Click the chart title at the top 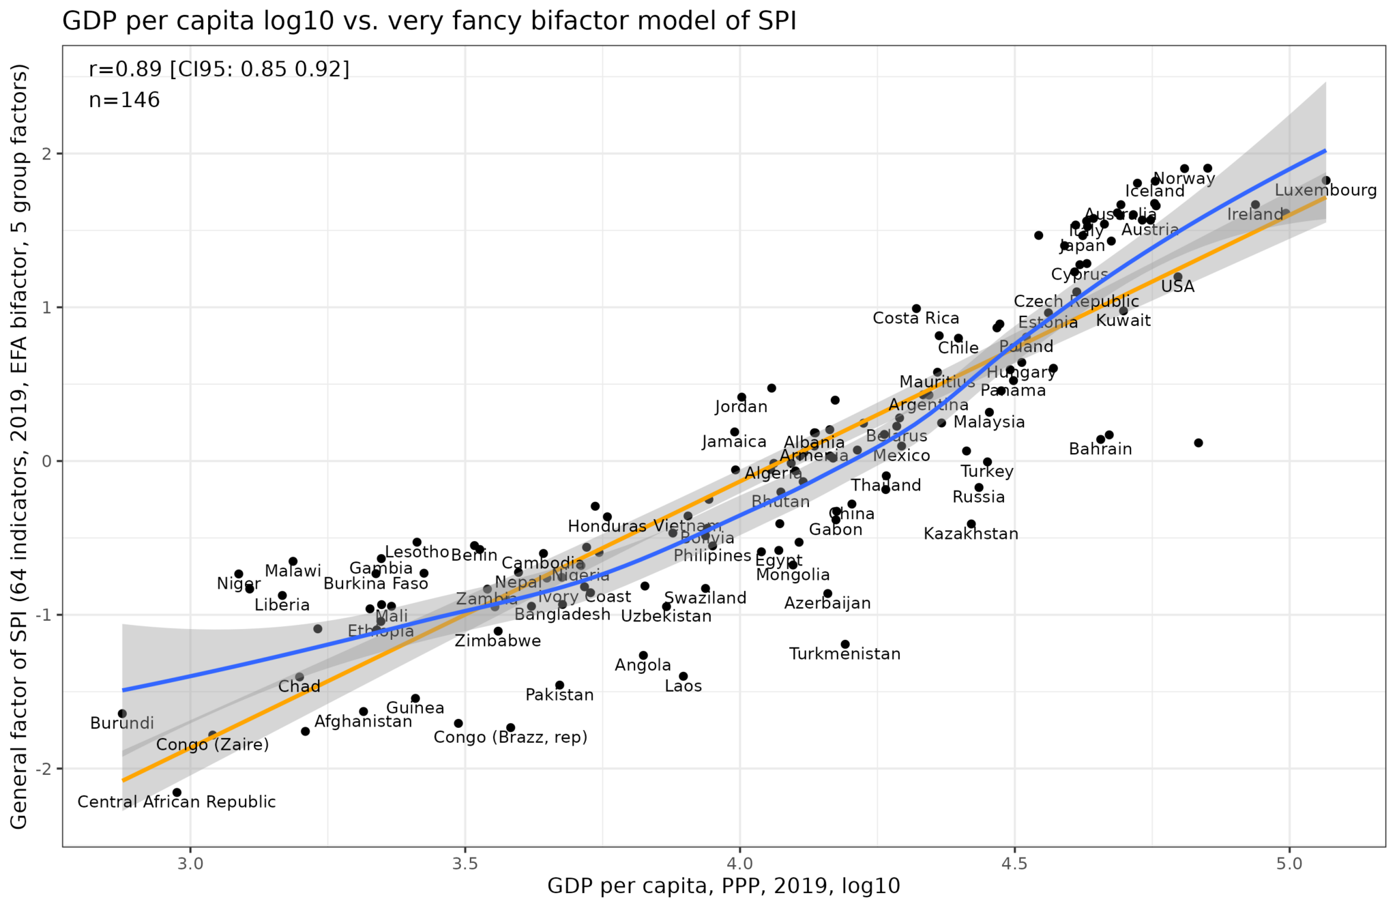click(429, 21)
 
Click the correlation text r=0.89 click(218, 69)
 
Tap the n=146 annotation click(124, 100)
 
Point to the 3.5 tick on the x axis click(465, 863)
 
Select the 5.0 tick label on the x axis click(1289, 863)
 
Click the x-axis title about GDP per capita click(723, 886)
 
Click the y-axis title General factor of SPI click(20, 446)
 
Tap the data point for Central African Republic click(177, 792)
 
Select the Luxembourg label click(1325, 191)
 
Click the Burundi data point click(122, 714)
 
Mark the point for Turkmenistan click(845, 644)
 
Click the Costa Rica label click(915, 319)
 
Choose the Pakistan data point click(559, 685)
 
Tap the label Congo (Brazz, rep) click(510, 737)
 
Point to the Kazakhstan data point click(971, 524)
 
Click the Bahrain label click(1100, 450)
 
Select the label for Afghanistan click(363, 722)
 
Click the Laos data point click(683, 676)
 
